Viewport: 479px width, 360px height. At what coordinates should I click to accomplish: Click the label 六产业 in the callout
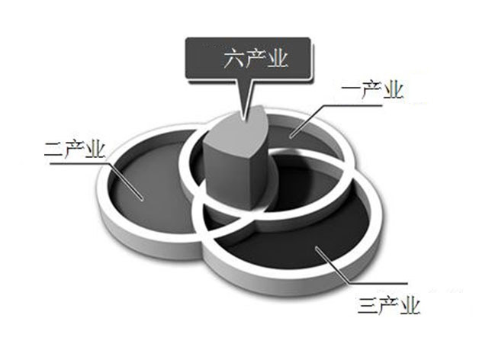click(x=256, y=59)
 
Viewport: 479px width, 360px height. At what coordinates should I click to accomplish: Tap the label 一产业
click(x=372, y=90)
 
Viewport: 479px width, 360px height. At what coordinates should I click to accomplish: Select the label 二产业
click(x=76, y=149)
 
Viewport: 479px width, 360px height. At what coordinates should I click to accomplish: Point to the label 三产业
click(x=389, y=305)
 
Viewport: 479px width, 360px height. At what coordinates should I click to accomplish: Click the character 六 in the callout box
click(x=233, y=59)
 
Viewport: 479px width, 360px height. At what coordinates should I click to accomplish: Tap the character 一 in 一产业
click(x=350, y=89)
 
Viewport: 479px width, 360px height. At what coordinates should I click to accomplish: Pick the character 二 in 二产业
click(x=53, y=149)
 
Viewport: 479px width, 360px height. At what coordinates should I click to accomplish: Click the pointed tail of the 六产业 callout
click(x=243, y=117)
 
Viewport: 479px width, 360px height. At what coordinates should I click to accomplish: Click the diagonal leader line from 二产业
click(x=127, y=181)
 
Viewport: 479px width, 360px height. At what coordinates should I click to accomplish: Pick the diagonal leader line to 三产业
click(x=332, y=265)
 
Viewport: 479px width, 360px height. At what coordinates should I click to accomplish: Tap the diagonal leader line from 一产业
click(x=307, y=121)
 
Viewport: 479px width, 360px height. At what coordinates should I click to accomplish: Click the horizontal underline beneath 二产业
click(x=80, y=162)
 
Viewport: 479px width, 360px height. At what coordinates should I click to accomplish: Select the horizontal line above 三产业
click(x=378, y=283)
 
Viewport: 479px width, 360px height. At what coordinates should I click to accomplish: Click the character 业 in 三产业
click(x=410, y=305)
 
